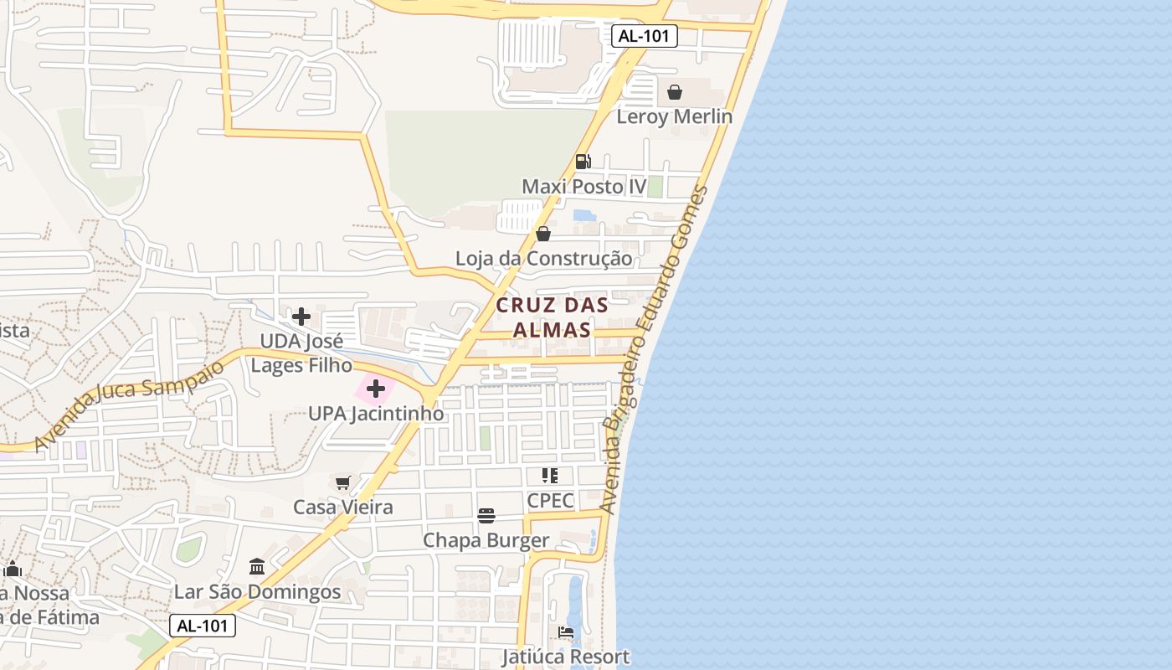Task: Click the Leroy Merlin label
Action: point(674,116)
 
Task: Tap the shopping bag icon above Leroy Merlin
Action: point(675,92)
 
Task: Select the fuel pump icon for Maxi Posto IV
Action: point(583,161)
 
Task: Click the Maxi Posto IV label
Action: point(584,186)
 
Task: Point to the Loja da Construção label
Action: point(543,258)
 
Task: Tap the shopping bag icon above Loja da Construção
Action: point(543,234)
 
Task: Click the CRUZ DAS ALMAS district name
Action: point(552,317)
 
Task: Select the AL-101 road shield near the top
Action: point(644,37)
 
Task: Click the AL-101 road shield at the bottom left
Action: point(203,626)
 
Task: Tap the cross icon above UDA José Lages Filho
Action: point(301,317)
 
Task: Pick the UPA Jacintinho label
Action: point(376,414)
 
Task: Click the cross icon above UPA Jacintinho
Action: point(376,389)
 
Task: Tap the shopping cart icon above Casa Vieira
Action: point(342,482)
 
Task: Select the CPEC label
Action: point(550,501)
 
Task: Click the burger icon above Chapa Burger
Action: point(486,515)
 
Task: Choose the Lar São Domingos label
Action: point(257,592)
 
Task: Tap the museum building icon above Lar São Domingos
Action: point(257,567)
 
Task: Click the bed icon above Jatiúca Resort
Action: point(566,632)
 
